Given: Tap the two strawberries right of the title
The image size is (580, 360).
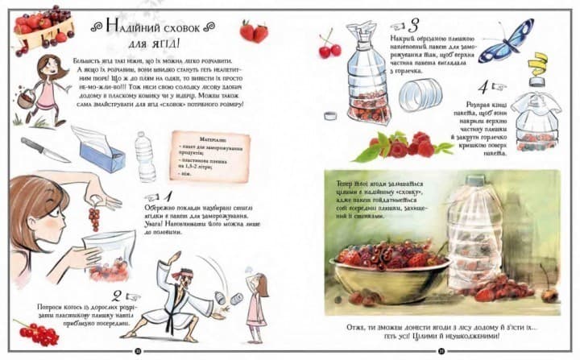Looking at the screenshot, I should click(253, 31).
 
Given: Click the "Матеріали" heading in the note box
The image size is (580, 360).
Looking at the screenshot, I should click(192, 139).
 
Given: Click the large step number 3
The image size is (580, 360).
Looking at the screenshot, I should click(415, 25).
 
